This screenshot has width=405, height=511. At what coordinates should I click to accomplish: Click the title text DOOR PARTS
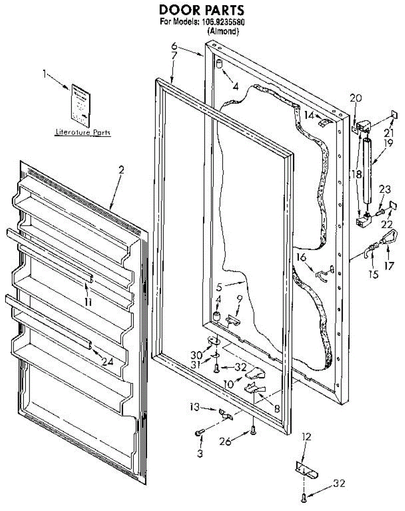202,10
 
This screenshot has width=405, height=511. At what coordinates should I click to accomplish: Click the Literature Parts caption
83,133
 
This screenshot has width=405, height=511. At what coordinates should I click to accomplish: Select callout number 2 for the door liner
121,169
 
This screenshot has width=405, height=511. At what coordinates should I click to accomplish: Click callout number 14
309,115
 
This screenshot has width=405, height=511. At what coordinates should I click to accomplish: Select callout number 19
387,144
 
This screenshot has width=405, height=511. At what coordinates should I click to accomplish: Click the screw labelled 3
199,433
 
